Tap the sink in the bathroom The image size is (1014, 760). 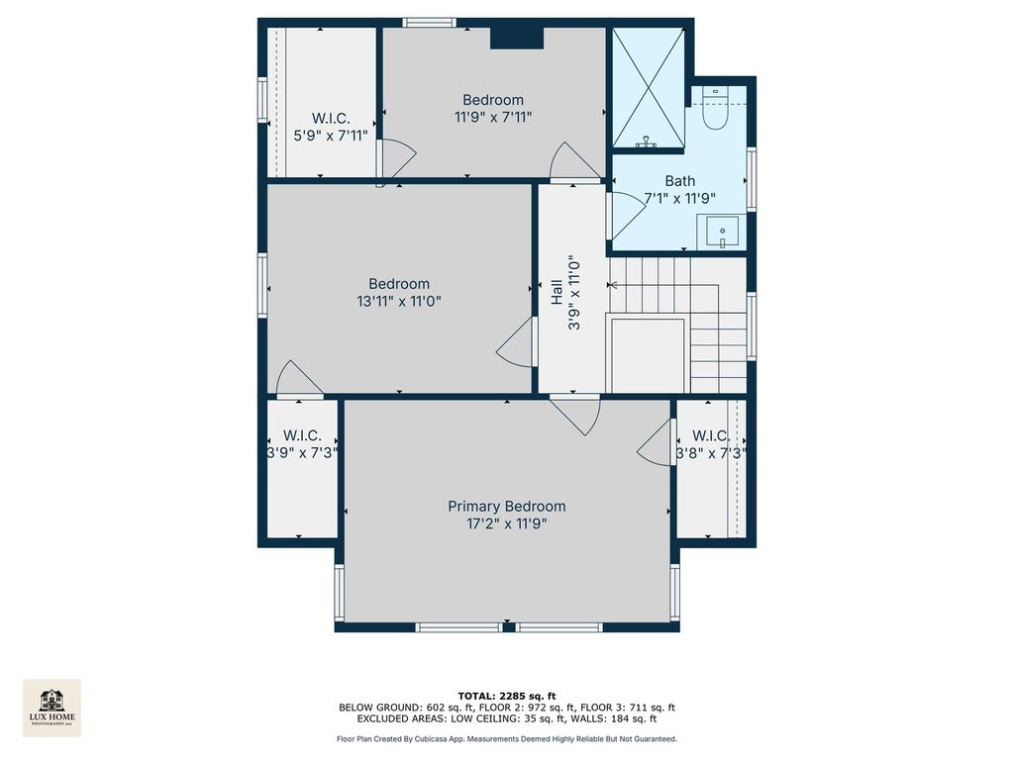[722, 233]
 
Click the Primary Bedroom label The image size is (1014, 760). [506, 506]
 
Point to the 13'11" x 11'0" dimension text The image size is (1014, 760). [399, 301]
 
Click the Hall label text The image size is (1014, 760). [557, 292]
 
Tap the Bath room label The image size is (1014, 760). [680, 181]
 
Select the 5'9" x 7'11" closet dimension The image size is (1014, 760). [331, 136]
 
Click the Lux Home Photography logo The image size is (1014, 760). [51, 708]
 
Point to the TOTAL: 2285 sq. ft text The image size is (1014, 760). [507, 696]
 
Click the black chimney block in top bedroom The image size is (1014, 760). [516, 38]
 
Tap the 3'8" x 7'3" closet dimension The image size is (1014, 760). [711, 453]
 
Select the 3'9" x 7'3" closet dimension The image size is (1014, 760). [303, 453]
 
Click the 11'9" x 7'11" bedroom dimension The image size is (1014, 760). [493, 117]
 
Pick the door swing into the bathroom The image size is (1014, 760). [627, 207]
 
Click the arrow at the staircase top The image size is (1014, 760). [612, 286]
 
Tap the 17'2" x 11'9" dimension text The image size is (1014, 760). [507, 523]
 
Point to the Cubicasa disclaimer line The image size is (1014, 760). [507, 738]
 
